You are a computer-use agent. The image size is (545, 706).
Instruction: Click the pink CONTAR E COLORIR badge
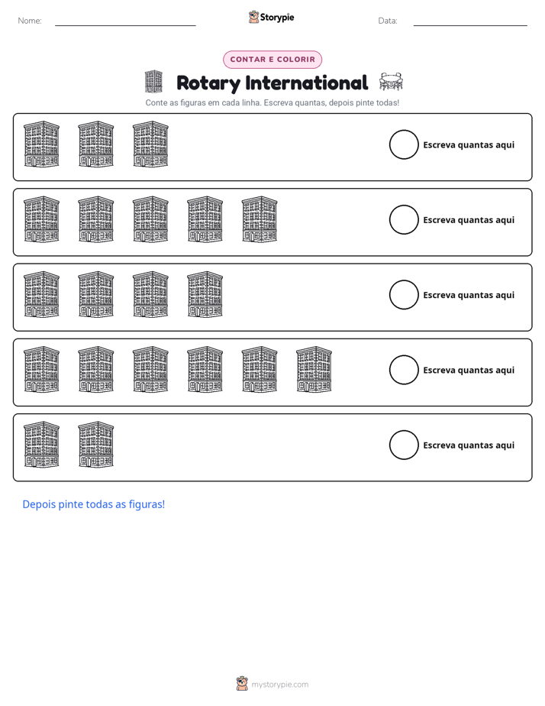pos(272,60)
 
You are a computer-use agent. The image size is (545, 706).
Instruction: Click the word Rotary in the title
pos(208,83)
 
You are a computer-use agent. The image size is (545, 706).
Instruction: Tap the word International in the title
pos(307,83)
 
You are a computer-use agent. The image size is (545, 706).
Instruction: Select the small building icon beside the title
pos(153,82)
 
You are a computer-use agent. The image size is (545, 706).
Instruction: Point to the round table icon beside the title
pos(391,82)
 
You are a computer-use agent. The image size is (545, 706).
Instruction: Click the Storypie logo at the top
pos(271,17)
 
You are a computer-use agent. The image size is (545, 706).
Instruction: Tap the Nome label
pos(30,21)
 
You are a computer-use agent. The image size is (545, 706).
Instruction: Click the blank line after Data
pos(470,25)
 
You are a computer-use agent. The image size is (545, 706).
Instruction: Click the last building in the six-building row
pos(314,369)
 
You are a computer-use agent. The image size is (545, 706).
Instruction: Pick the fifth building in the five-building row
pos(260,219)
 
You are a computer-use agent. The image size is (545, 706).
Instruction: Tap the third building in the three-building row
pos(150,144)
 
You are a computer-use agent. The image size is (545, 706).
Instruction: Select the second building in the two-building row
pos(95,445)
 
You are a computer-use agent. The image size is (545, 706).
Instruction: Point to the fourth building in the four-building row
pos(205,294)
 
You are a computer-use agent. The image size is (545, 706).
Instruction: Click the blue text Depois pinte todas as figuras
pos(94,504)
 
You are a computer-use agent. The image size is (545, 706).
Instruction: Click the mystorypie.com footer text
pos(279,685)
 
